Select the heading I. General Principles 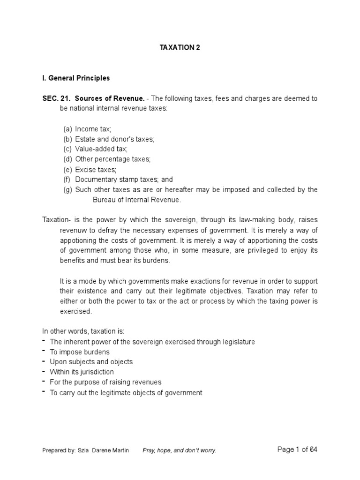pyautogui.click(x=76, y=78)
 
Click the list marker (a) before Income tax pyautogui.click(x=68, y=129)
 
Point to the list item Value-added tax pyautogui.click(x=105, y=149)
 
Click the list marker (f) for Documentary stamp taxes pyautogui.click(x=68, y=179)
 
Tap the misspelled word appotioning pyautogui.click(x=77, y=240)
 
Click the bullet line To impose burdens pyautogui.click(x=80, y=352)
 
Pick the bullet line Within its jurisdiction pyautogui.click(x=82, y=372)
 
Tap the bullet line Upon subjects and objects pyautogui.click(x=91, y=362)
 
